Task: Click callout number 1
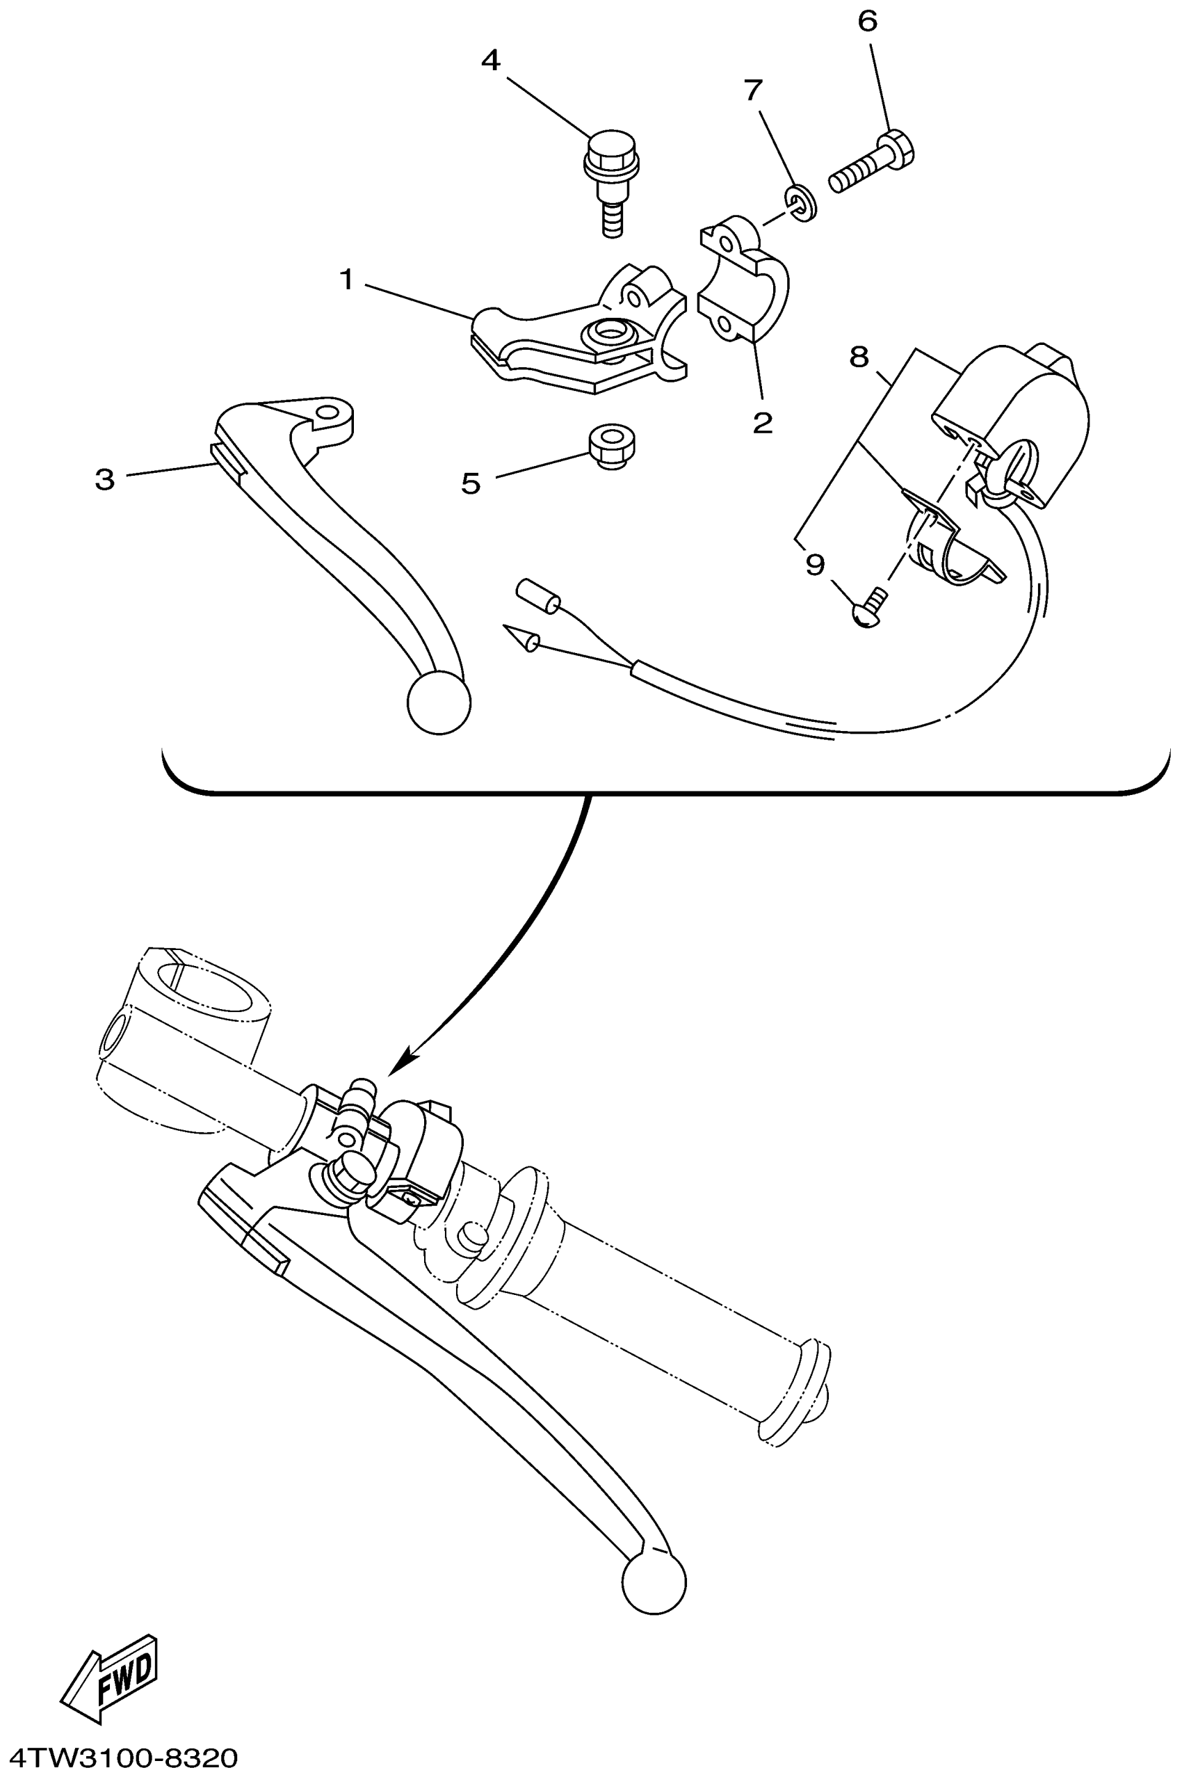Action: click(346, 280)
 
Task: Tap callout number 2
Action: click(762, 422)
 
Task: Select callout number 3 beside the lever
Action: click(105, 479)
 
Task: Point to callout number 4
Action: click(491, 61)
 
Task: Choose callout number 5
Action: click(471, 483)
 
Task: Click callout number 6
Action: click(868, 22)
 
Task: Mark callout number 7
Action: click(753, 90)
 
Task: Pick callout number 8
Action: click(859, 357)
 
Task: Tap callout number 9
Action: click(815, 564)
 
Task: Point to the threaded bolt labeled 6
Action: click(872, 162)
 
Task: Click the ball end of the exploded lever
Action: click(439, 702)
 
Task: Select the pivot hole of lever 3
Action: click(328, 414)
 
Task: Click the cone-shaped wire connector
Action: click(521, 637)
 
